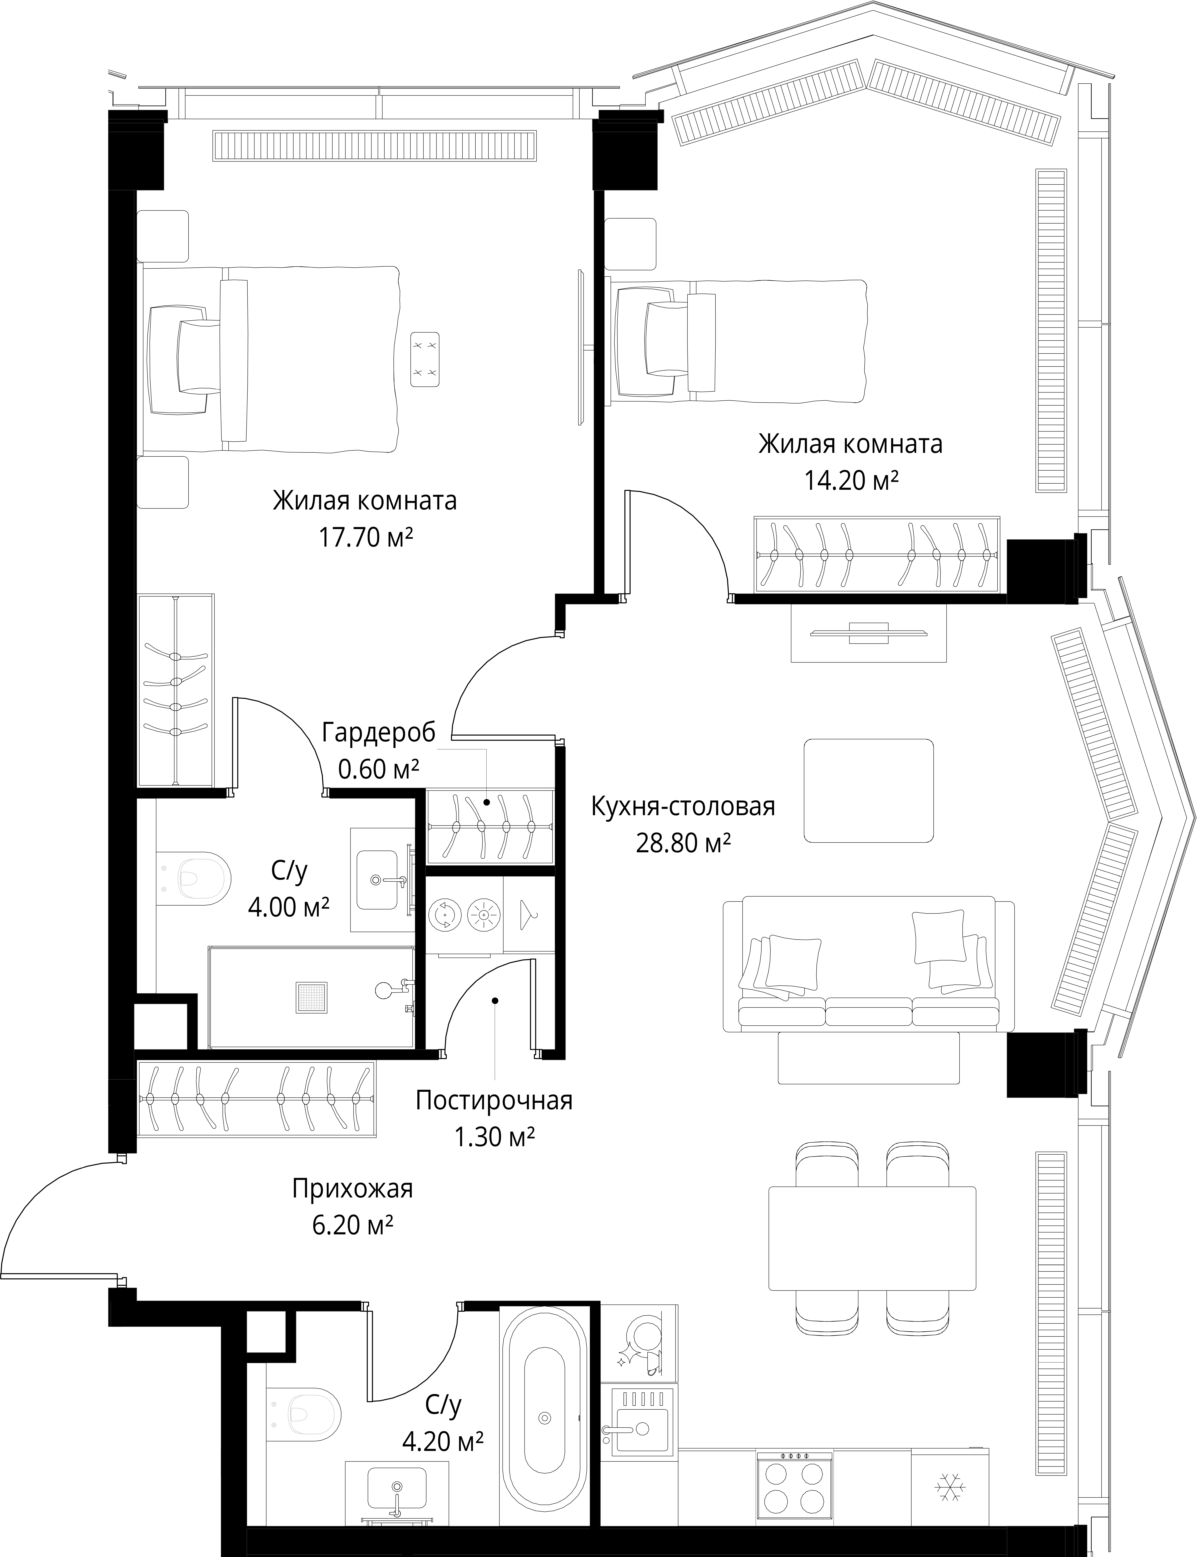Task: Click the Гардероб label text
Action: point(378,732)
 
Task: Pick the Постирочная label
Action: point(494,1100)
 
